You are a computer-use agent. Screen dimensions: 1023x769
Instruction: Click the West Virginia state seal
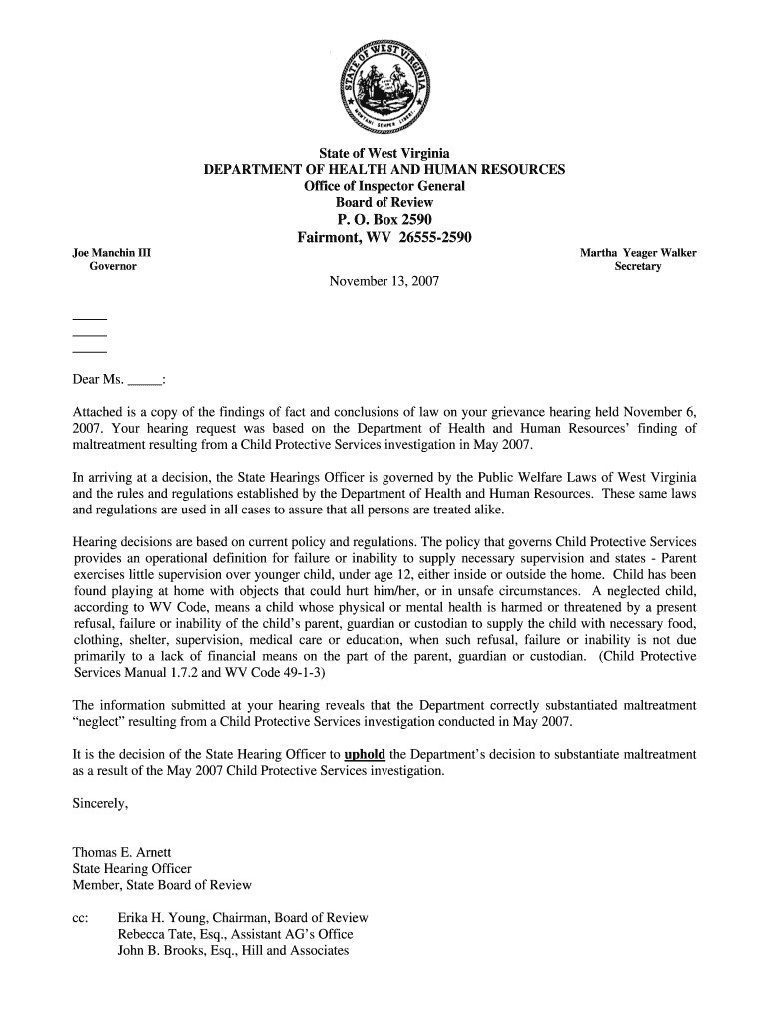384,88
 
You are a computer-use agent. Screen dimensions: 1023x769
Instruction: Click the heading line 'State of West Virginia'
384,154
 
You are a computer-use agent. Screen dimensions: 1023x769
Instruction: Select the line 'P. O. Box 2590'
384,220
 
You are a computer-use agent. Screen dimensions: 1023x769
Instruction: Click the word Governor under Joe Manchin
113,267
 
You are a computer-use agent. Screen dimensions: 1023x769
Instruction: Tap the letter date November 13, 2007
384,283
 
